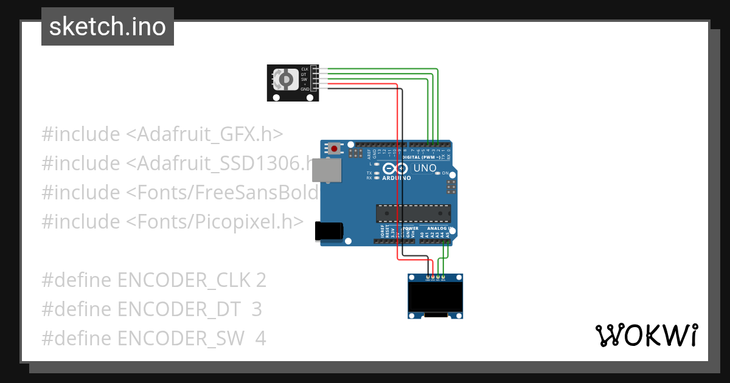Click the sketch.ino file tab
[x=108, y=27]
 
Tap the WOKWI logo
[x=645, y=336]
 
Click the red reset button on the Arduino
[x=334, y=148]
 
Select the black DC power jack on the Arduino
[x=329, y=232]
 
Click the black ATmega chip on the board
[x=413, y=213]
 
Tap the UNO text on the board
[x=425, y=168]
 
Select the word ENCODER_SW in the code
[x=181, y=338]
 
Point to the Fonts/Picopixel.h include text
[x=215, y=222]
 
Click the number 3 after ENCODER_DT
[x=257, y=309]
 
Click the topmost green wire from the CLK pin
[x=377, y=69]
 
